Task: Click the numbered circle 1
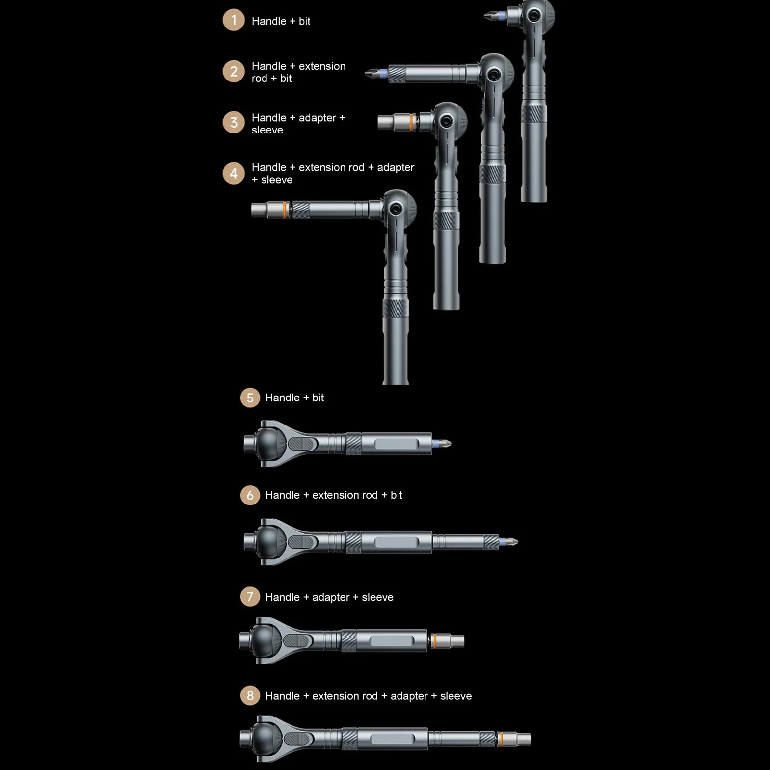234,20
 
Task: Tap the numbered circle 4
234,173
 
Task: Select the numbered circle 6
250,495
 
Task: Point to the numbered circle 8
250,695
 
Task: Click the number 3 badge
234,122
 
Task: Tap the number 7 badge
250,597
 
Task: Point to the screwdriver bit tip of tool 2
366,74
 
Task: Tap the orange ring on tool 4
286,210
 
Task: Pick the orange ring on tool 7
433,640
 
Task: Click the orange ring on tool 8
500,739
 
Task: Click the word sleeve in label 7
377,597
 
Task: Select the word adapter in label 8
409,696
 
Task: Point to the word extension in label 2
322,66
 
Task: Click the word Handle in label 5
282,398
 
